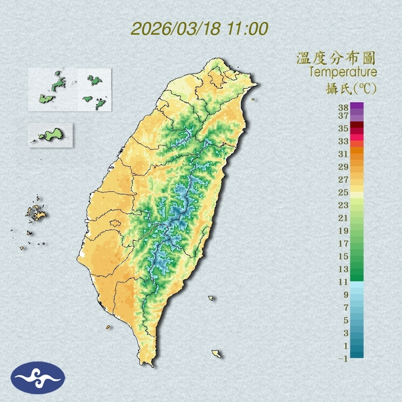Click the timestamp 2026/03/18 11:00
pos(199,29)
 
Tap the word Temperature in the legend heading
pos(343,72)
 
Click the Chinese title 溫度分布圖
pos(336,58)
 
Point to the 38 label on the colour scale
pos(344,108)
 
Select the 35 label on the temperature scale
pos(344,128)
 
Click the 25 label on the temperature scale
pos(344,192)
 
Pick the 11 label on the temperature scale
pos(344,282)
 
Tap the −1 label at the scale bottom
pos(343,359)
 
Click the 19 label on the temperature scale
pos(344,231)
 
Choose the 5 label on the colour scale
pos(346,320)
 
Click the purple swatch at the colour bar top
pos(357,106)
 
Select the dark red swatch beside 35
pos(357,125)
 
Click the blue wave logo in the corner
pos(38,377)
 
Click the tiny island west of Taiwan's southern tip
pos(108,327)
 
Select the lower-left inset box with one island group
pos(50,135)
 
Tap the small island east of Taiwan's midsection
pos(211,298)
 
